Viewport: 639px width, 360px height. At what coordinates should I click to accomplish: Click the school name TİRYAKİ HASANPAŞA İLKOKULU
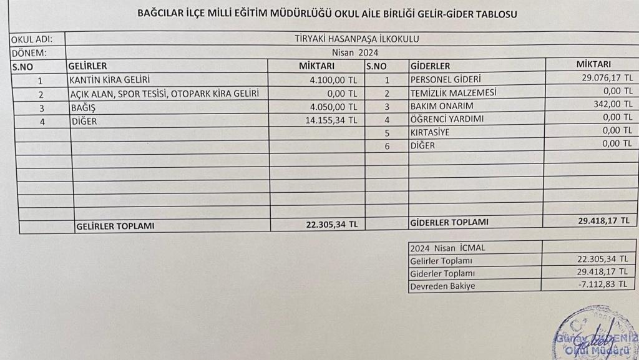(x=356, y=39)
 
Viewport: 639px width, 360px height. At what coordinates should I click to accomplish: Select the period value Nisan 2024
(x=355, y=52)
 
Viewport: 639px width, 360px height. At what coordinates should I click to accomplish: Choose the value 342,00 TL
(x=613, y=104)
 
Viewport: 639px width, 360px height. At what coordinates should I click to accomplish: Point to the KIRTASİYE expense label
(x=431, y=132)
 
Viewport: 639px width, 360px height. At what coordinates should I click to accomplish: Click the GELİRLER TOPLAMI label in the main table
(x=115, y=226)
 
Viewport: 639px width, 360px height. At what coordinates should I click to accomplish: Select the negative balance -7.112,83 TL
(x=608, y=286)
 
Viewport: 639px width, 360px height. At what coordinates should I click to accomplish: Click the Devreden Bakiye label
(x=442, y=286)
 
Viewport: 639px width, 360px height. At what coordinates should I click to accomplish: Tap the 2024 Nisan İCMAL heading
(x=447, y=247)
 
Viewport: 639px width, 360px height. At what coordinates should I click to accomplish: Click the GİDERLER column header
(x=430, y=66)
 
